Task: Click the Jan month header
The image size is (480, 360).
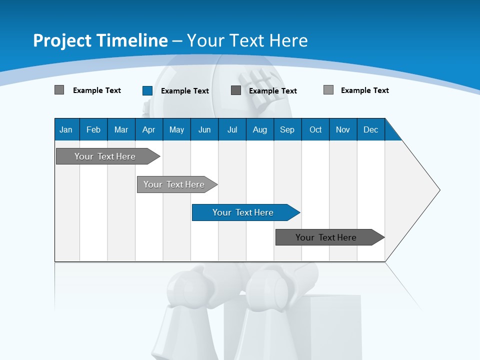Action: coord(66,129)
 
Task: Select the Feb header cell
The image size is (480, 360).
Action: coord(93,129)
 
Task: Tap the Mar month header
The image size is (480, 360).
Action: coord(121,129)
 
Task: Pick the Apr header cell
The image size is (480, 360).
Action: coord(149,129)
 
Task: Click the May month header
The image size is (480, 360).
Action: coord(176,129)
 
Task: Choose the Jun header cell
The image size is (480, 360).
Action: coord(204,129)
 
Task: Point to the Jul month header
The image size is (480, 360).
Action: coord(232,129)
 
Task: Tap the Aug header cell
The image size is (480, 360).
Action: coord(260,129)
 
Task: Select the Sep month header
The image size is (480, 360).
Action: coord(287,129)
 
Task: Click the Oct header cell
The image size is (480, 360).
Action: coord(315,129)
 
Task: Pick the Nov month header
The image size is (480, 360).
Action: coord(343,129)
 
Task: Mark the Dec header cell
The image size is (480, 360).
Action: coord(371,129)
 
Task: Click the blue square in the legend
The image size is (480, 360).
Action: coord(147,90)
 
